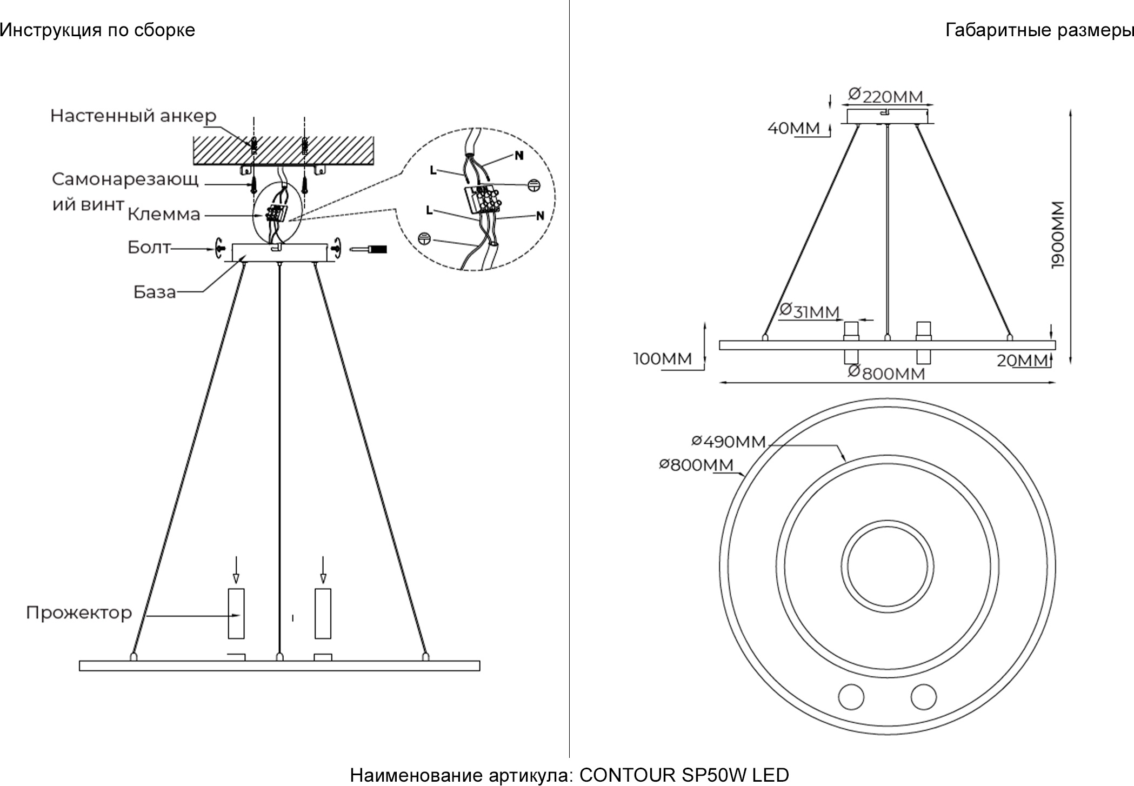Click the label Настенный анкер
[x=133, y=116]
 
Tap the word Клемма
[x=164, y=215]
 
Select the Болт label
[x=149, y=248]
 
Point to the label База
[x=155, y=292]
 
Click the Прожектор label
[x=79, y=612]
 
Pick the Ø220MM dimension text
[x=885, y=96]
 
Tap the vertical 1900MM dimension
[x=1058, y=235]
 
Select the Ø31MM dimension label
[x=809, y=311]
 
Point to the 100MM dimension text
[x=663, y=359]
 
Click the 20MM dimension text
[x=1022, y=361]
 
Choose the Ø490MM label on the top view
[x=729, y=442]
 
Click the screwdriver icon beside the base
[x=369, y=249]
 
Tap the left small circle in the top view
[x=851, y=696]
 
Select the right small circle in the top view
[x=923, y=696]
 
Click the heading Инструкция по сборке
[x=97, y=30]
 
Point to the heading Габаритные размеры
[x=1039, y=30]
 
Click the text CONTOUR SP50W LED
[x=684, y=775]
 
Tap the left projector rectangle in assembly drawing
[x=236, y=614]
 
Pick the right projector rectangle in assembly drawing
[x=323, y=614]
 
